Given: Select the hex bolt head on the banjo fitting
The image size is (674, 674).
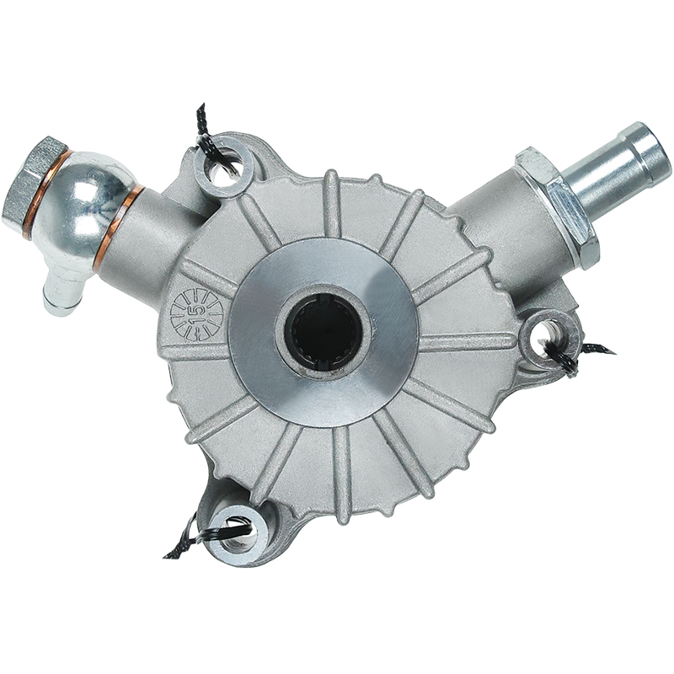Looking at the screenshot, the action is pyautogui.click(x=34, y=179).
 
